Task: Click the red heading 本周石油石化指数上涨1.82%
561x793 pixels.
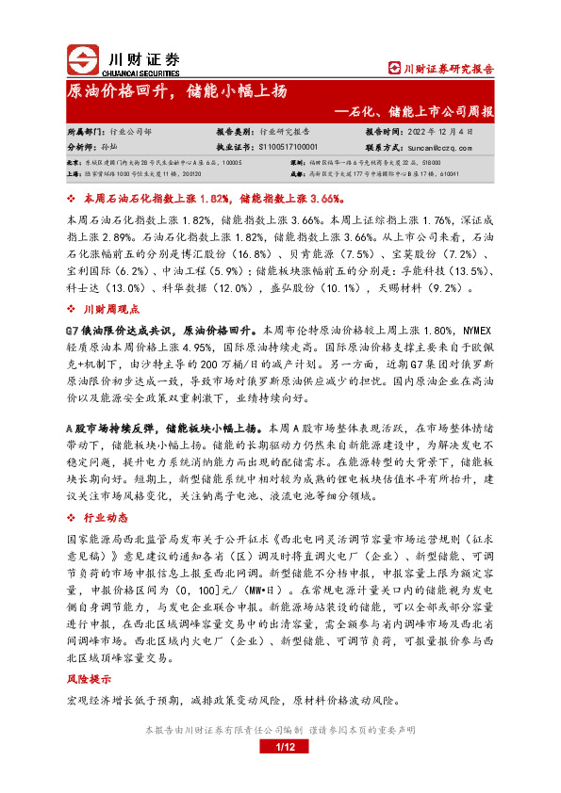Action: [x=155, y=200]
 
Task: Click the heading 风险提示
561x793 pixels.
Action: [x=88, y=678]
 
